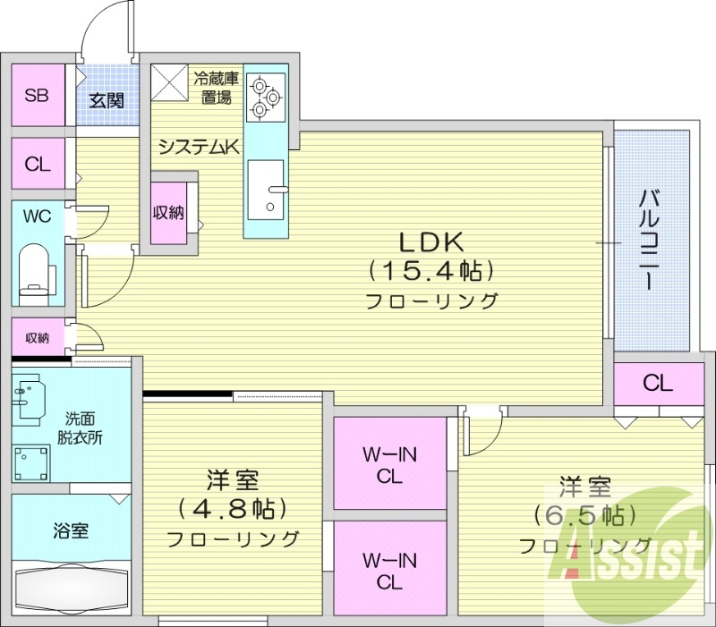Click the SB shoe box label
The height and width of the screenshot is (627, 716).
(x=37, y=96)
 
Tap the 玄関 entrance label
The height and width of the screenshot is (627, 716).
(x=107, y=101)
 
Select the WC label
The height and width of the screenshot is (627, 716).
(x=37, y=216)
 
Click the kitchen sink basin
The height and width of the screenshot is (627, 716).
(x=266, y=190)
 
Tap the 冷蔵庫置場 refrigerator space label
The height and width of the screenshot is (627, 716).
(x=217, y=88)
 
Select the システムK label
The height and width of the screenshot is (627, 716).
(x=199, y=147)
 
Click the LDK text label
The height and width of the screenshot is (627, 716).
(x=432, y=242)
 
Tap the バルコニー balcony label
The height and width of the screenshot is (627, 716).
(x=650, y=241)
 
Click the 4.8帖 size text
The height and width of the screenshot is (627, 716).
(x=233, y=508)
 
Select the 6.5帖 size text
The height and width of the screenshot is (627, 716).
(x=585, y=516)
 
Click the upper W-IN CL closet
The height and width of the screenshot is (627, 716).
(x=389, y=463)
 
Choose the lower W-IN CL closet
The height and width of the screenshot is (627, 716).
(x=389, y=568)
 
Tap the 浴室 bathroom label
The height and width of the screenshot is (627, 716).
(x=71, y=531)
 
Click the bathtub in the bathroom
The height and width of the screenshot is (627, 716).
(x=72, y=589)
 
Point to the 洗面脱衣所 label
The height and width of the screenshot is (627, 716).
(x=80, y=428)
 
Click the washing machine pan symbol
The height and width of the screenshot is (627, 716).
(x=31, y=463)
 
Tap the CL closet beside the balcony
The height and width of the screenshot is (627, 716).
(x=659, y=384)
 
